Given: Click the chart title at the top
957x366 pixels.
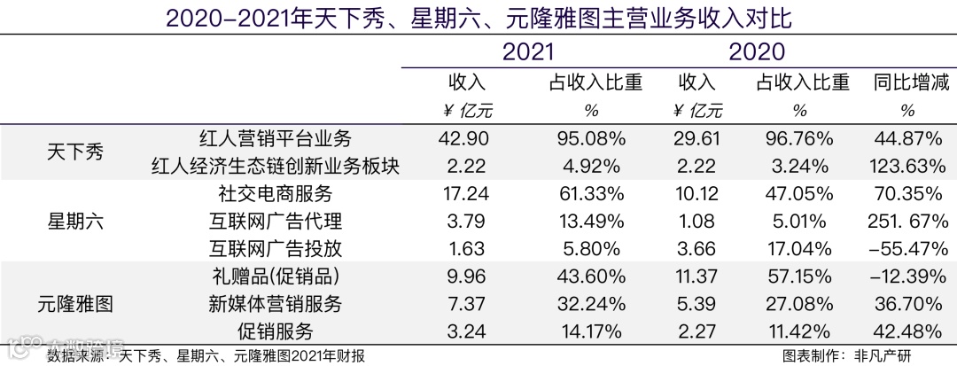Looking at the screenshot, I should (x=478, y=18).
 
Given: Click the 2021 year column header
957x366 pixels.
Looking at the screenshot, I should (x=529, y=52).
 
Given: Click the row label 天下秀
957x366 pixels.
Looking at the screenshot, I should (x=75, y=152).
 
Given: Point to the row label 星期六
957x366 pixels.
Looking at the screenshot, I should (x=75, y=222).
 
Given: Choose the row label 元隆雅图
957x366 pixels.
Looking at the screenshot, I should (x=75, y=304).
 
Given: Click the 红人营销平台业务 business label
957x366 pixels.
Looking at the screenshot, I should (x=276, y=138).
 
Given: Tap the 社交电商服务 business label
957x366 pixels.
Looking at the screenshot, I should (x=276, y=193).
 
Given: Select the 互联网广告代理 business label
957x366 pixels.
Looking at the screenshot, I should (x=276, y=221).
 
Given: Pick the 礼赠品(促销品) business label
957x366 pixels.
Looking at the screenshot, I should (x=276, y=276).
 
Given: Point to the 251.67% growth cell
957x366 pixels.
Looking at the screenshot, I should (x=902, y=221).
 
